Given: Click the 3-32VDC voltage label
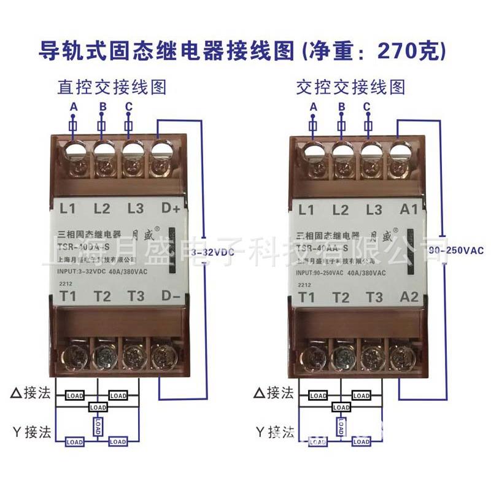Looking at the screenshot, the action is click(x=213, y=252).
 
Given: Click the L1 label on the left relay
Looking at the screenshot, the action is click(x=68, y=209).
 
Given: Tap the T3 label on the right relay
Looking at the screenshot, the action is click(x=374, y=297).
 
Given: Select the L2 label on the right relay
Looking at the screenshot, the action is click(x=341, y=209).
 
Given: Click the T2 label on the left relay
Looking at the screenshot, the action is click(x=102, y=297).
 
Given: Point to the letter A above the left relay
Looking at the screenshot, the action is click(x=74, y=107).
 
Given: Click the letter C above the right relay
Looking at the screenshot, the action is click(x=367, y=107).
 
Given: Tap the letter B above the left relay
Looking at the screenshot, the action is click(x=102, y=107).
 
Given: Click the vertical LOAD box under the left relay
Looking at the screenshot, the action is click(x=97, y=425).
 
